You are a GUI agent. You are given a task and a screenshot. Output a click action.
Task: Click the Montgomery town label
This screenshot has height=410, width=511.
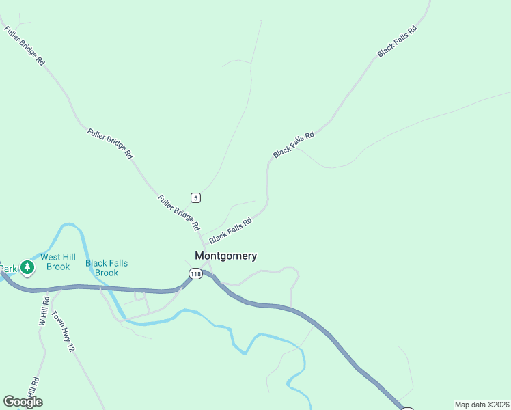click(x=225, y=256)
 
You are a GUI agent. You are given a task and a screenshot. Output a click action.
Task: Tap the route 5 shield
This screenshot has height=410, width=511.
click(x=196, y=198)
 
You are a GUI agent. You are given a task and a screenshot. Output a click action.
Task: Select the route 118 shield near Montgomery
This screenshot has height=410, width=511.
click(x=196, y=274)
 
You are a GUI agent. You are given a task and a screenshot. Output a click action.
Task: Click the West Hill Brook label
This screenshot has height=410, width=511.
click(x=58, y=262)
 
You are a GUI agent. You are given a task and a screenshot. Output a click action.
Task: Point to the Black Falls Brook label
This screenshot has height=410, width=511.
click(x=107, y=268)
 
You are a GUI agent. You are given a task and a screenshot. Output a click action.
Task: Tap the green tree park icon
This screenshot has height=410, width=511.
click(x=27, y=268)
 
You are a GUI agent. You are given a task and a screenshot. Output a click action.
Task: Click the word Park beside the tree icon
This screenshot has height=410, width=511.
click(x=8, y=269)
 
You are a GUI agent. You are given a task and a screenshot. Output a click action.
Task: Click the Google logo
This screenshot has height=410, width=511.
click(x=23, y=402)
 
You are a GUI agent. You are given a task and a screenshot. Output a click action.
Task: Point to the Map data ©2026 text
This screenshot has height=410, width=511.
click(x=482, y=405)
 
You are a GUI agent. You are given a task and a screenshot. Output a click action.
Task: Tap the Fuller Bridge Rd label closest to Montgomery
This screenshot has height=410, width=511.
click(x=178, y=213)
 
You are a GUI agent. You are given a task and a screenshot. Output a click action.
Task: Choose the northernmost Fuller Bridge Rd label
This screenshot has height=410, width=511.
click(x=25, y=46)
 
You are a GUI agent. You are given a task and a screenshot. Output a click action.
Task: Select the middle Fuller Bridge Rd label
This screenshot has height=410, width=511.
click(x=109, y=143)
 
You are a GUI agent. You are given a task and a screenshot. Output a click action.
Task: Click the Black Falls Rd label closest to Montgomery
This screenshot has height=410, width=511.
click(x=230, y=230)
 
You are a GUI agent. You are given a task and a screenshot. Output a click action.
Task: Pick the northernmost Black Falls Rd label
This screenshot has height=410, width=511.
click(x=397, y=41)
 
